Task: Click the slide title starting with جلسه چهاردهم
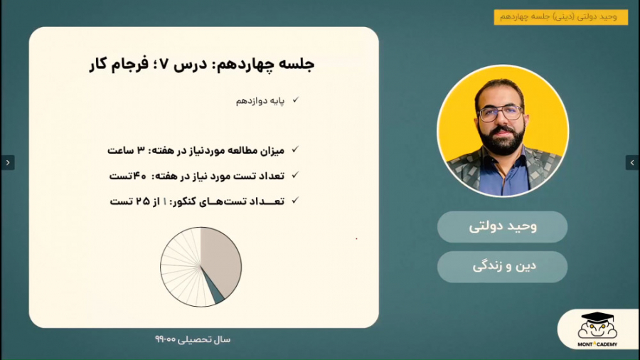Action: point(202,64)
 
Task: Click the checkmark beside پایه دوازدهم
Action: point(296,100)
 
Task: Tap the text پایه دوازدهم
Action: point(260,101)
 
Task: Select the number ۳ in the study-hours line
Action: point(141,150)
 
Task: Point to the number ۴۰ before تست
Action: point(139,176)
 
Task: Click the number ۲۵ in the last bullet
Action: point(143,201)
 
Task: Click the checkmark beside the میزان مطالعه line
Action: point(295,150)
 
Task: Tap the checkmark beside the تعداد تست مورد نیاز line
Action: point(295,175)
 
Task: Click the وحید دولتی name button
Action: point(503,226)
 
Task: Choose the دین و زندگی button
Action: point(503,267)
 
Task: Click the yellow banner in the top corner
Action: point(561,17)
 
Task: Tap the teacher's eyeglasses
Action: point(501,113)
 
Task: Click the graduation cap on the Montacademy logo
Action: point(597,317)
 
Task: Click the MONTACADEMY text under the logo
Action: point(597,344)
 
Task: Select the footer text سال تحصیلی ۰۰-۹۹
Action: point(193,339)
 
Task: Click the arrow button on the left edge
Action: point(8,162)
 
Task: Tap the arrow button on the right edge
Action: point(632,162)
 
